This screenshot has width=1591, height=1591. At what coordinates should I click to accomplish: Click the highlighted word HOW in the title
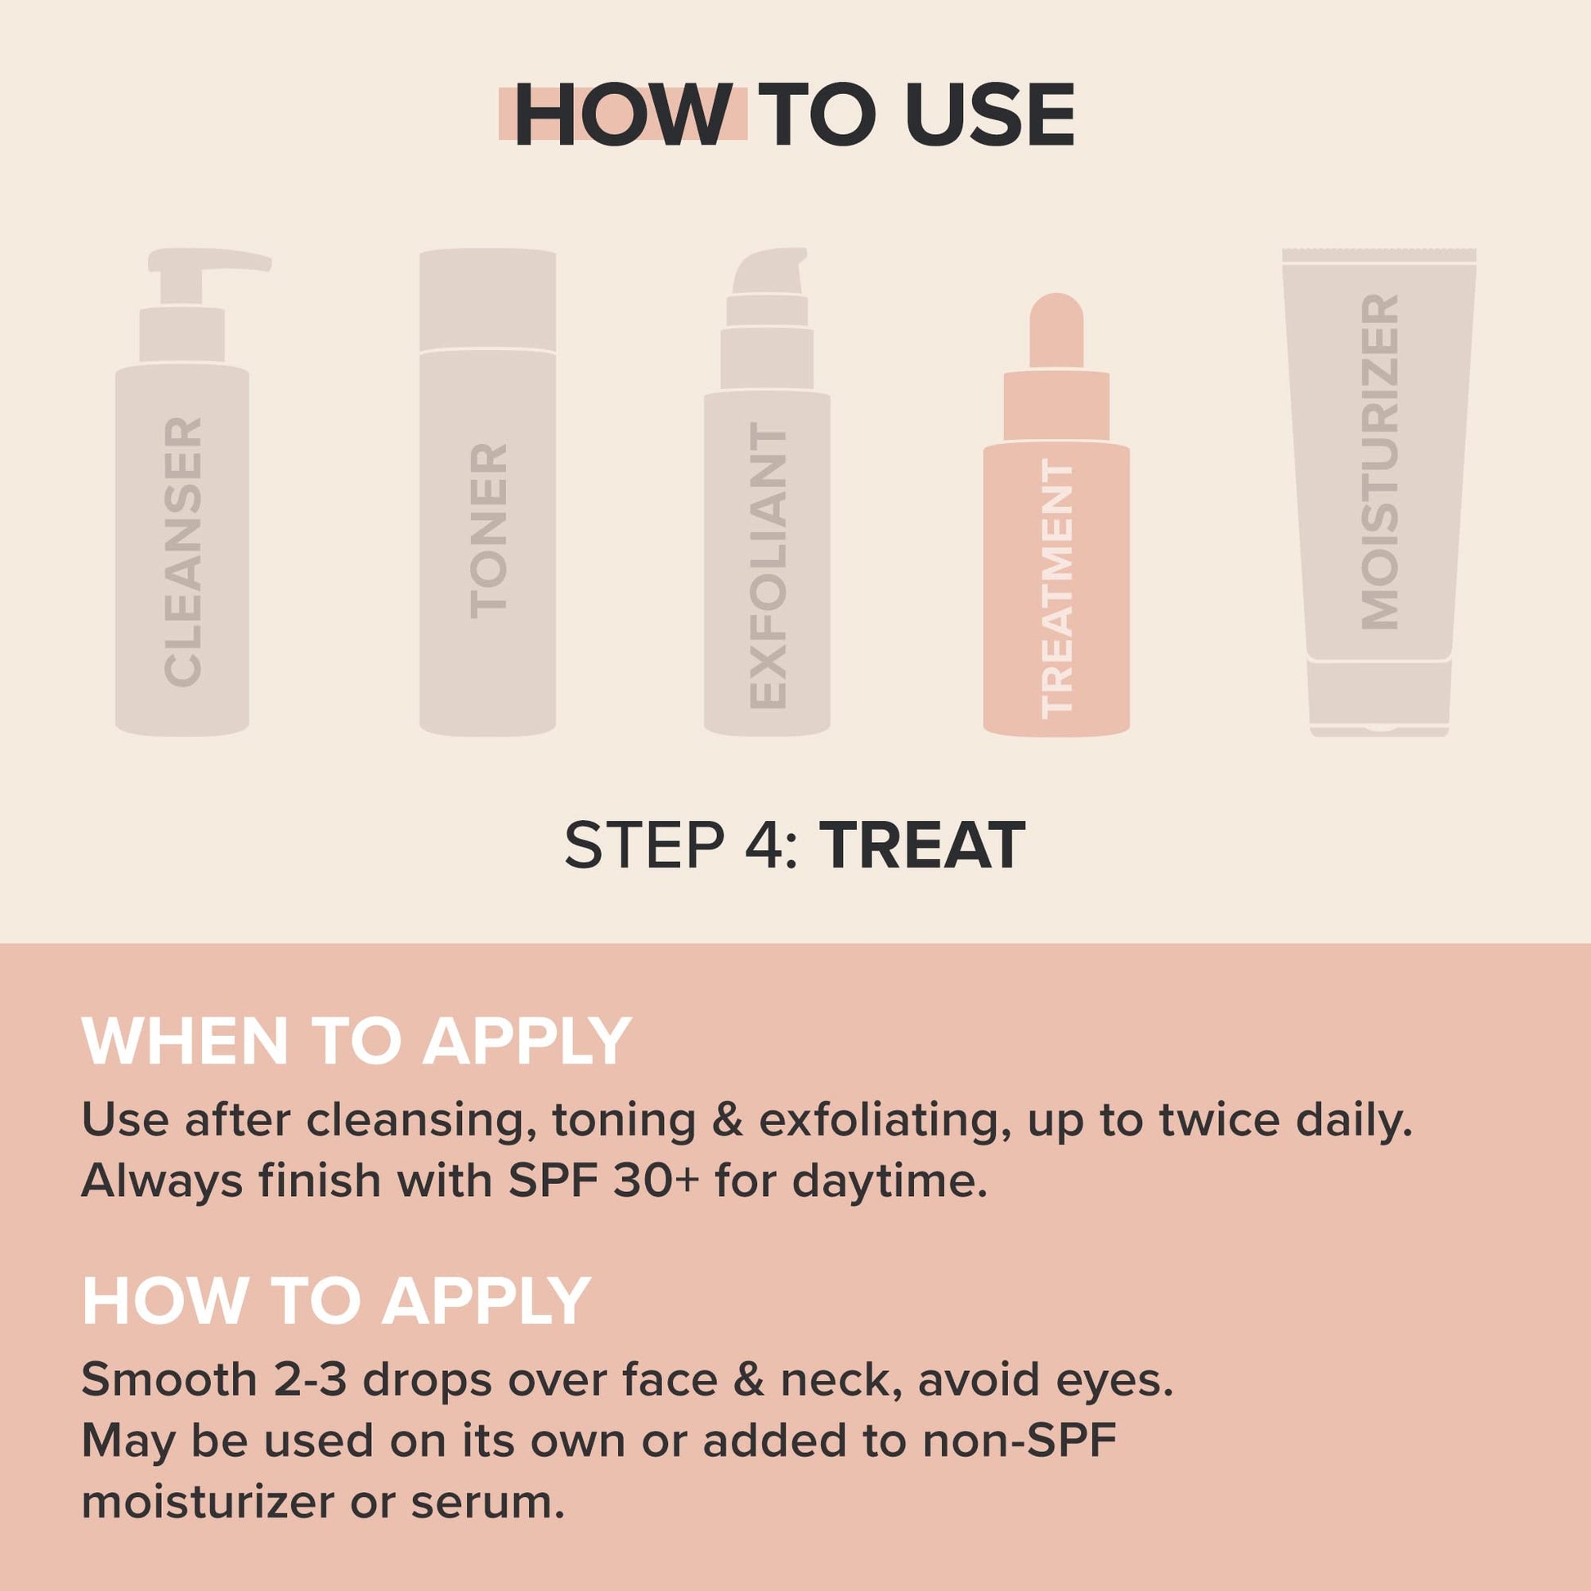coord(623,116)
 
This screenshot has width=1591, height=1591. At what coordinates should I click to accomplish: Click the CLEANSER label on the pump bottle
coord(183,552)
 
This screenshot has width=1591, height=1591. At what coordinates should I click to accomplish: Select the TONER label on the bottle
coord(487,531)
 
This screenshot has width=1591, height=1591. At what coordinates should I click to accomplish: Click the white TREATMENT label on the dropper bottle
coord(1057,589)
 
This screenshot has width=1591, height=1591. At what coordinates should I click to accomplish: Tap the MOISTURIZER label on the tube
coord(1379,462)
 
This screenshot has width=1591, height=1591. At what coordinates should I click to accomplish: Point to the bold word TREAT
coord(926,845)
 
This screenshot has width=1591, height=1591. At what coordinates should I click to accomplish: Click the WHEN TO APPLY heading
coord(356,1042)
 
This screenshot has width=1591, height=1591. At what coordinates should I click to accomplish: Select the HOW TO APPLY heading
coord(336,1301)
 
